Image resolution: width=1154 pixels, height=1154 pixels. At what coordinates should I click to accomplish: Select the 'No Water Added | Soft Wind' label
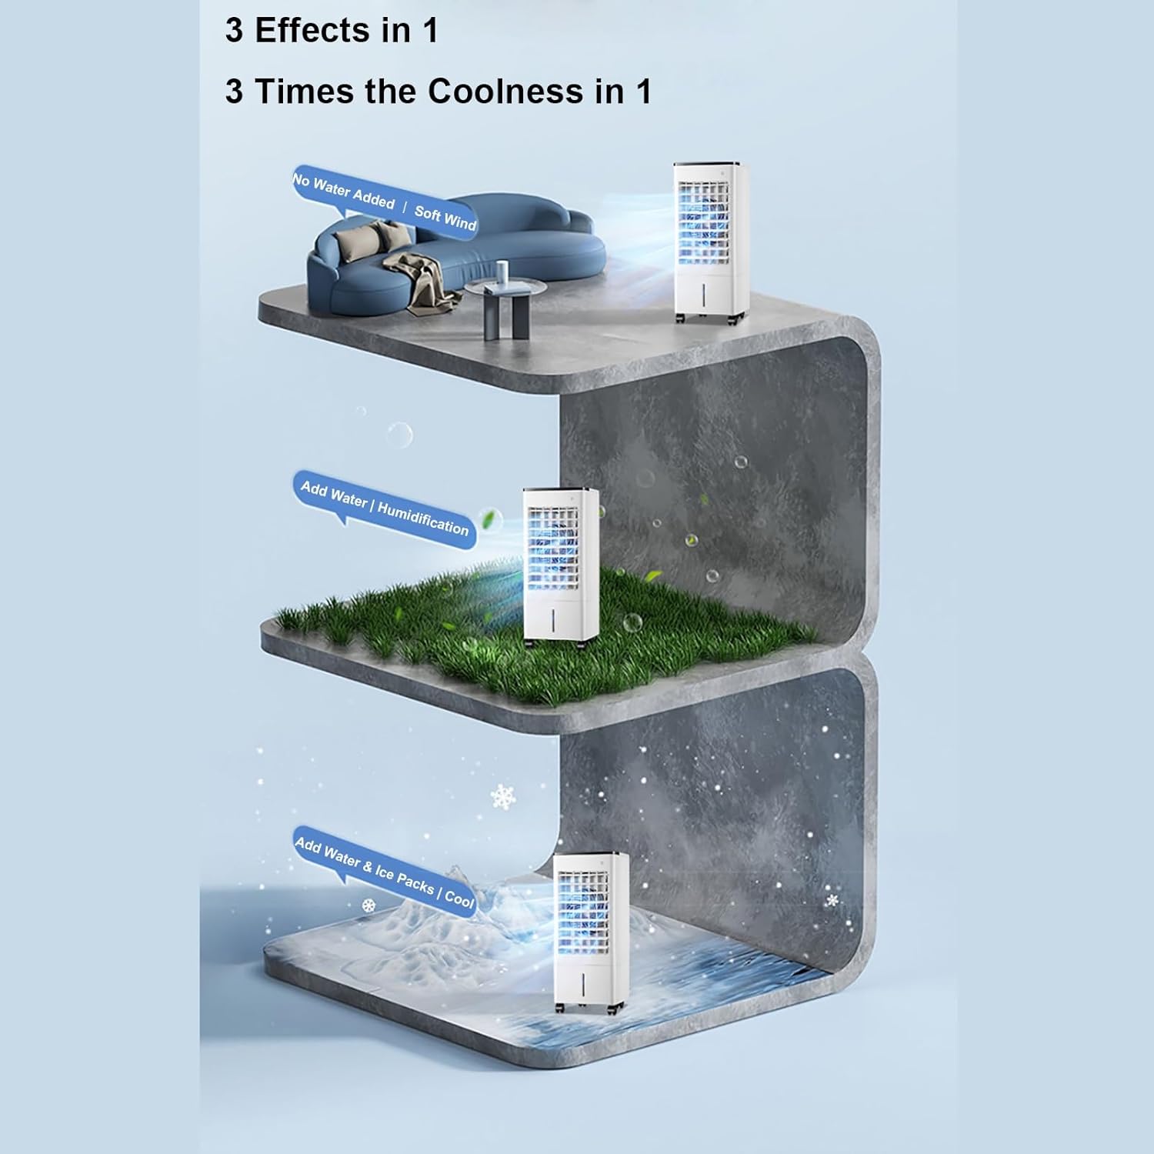[x=384, y=202]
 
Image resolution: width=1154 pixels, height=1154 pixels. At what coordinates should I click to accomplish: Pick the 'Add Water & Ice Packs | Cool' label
[x=384, y=871]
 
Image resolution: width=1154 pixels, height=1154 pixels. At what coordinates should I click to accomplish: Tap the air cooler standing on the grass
[x=560, y=565]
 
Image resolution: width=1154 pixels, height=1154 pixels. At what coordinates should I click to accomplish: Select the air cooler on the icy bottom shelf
[x=589, y=931]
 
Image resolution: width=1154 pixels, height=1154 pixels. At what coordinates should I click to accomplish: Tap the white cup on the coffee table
[x=502, y=271]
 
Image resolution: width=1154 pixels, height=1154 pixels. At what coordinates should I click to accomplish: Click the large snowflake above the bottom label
[x=503, y=796]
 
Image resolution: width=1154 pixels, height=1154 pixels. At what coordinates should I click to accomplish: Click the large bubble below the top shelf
[x=399, y=435]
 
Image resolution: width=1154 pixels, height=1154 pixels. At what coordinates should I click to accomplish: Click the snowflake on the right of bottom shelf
[x=832, y=899]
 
